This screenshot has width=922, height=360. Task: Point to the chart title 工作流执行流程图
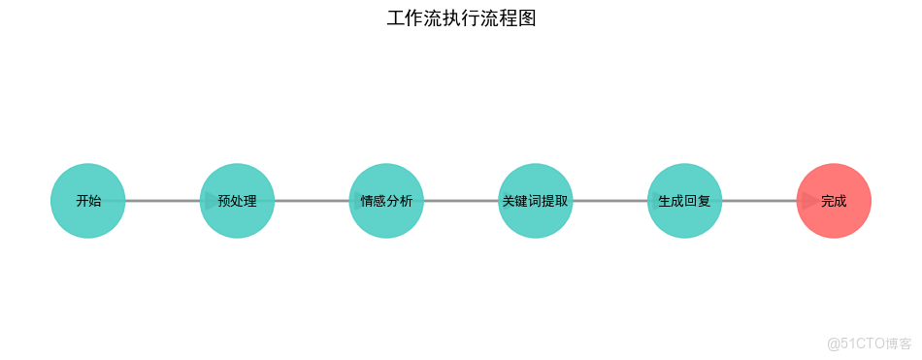click(x=461, y=18)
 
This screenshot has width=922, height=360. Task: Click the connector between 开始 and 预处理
click(x=163, y=201)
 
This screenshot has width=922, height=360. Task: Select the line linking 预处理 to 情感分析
click(x=312, y=201)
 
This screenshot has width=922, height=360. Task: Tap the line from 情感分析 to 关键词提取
click(x=461, y=201)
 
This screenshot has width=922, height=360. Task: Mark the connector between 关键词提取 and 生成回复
click(x=609, y=201)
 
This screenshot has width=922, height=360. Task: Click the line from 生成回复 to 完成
click(x=759, y=201)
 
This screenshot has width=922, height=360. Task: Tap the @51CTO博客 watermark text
click(x=870, y=344)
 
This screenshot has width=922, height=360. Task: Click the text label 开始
click(x=88, y=202)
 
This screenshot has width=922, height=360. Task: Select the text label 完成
click(x=834, y=202)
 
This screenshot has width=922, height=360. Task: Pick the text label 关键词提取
click(x=536, y=202)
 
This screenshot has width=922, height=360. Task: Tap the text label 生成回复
click(x=684, y=202)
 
